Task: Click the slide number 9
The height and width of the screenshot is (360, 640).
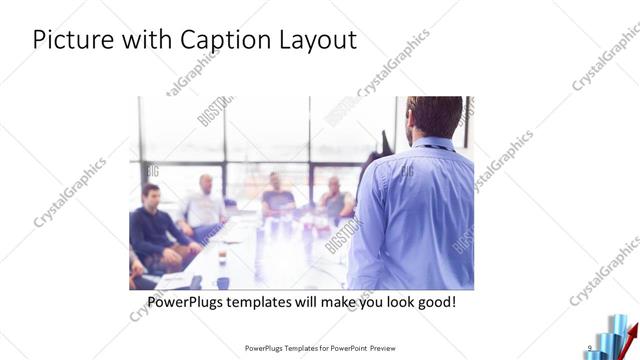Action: click(x=590, y=347)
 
